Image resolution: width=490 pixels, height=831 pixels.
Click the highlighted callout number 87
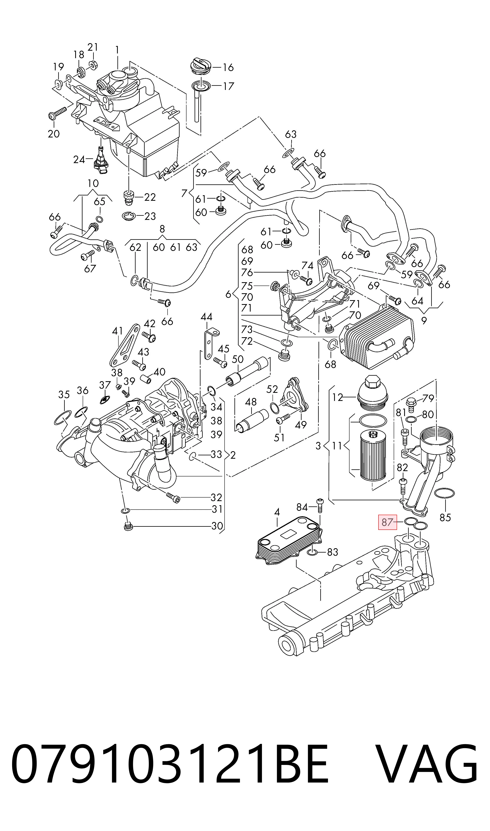click(387, 522)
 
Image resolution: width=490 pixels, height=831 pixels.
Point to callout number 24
click(79, 160)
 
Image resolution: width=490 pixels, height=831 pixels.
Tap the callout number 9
click(424, 320)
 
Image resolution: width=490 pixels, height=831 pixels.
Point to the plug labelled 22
click(129, 197)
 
